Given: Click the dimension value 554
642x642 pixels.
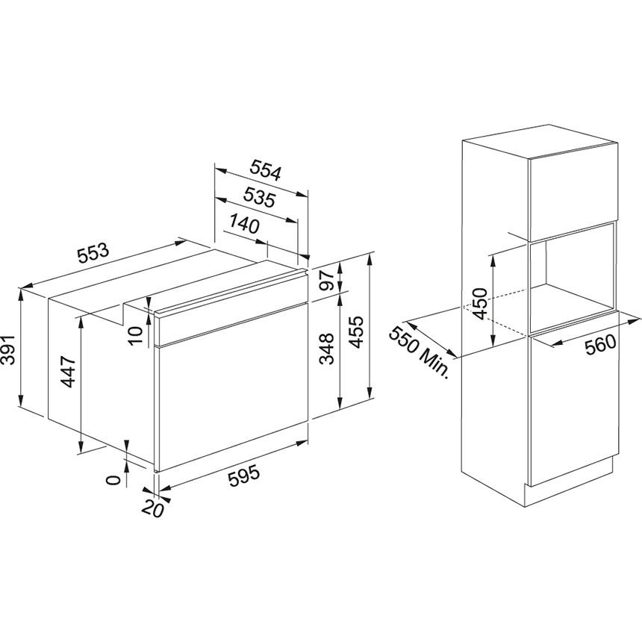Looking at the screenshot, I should click(264, 172).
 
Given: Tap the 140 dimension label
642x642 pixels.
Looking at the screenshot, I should click(243, 223).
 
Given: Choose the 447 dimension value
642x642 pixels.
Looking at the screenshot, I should click(68, 371).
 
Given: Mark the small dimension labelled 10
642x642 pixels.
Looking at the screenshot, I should click(135, 335).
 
